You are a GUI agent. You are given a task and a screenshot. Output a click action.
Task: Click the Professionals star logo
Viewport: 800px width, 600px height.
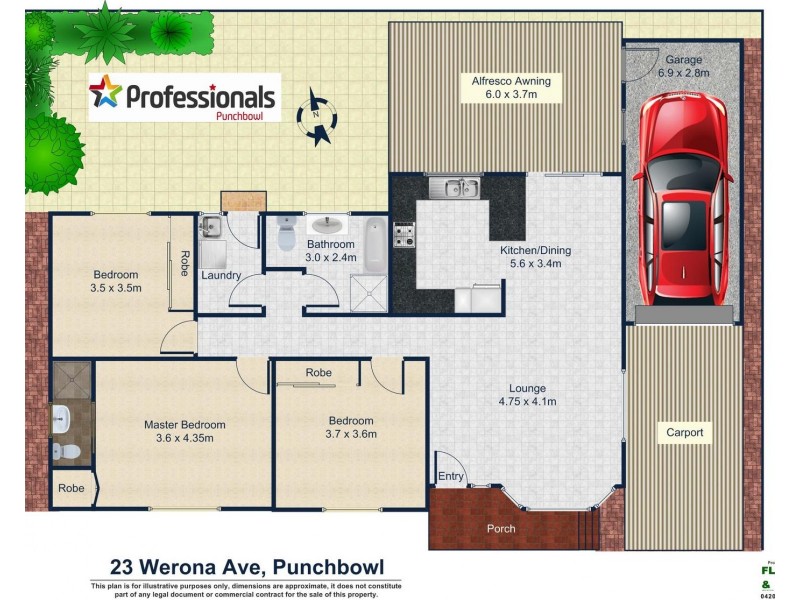[105, 93]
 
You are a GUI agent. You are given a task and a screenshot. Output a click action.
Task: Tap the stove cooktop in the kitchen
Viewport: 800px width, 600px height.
[404, 235]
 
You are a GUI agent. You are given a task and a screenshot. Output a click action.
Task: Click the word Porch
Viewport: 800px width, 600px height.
[501, 528]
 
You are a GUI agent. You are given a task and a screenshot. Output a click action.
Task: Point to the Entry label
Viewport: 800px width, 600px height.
[451, 476]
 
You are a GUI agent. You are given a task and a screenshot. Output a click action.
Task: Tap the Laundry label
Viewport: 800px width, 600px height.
[221, 275]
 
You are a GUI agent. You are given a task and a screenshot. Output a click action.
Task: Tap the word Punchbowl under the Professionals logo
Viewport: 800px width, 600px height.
[246, 115]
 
